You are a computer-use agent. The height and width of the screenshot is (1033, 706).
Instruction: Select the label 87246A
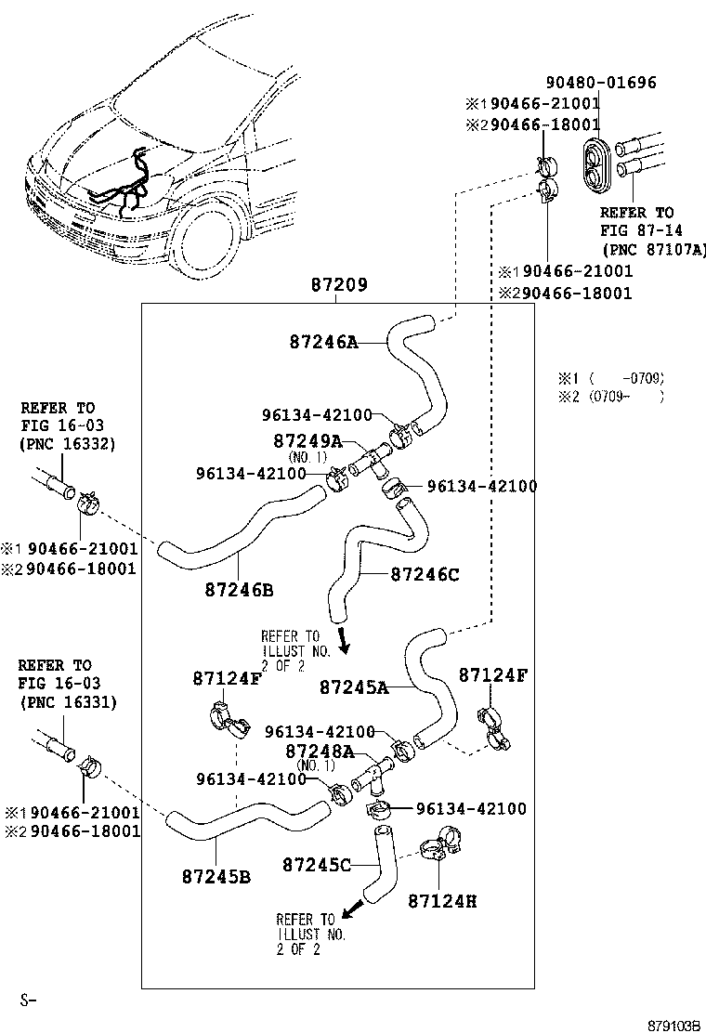(323, 343)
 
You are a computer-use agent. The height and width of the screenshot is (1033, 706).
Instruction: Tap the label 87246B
(239, 590)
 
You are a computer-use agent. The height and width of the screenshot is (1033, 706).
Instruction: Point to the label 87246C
(425, 575)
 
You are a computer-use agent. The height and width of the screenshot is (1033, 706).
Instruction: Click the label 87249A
(307, 440)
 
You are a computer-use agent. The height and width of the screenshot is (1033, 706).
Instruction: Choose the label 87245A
(354, 687)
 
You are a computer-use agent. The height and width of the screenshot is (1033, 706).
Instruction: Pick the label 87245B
(216, 875)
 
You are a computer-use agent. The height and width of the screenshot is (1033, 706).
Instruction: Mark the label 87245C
(316, 866)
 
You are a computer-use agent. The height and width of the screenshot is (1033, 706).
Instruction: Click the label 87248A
(320, 751)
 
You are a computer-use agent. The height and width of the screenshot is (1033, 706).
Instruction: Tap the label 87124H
(441, 900)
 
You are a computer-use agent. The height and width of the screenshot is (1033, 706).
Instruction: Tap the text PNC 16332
(67, 444)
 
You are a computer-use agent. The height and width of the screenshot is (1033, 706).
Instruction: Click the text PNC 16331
(67, 702)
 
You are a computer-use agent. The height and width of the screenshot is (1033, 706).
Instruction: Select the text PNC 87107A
(654, 249)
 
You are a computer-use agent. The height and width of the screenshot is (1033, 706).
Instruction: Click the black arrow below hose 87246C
(344, 639)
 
